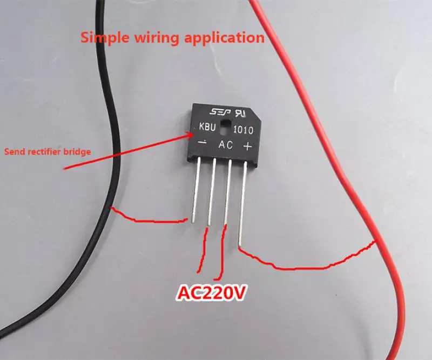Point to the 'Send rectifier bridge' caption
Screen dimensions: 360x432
(x=48, y=152)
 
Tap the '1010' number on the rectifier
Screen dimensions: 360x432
(x=244, y=130)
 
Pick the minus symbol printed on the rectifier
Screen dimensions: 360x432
(x=202, y=144)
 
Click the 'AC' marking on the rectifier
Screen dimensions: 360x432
(x=225, y=145)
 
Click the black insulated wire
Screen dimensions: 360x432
(x=103, y=108)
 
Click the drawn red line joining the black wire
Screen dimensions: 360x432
(x=146, y=219)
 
